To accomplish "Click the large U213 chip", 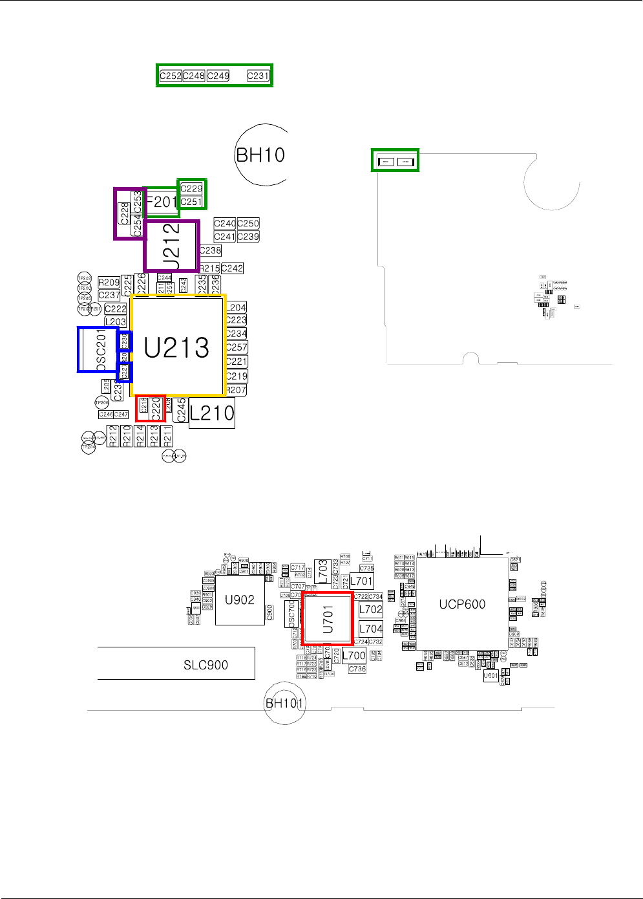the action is click(178, 347).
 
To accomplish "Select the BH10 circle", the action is click(260, 155).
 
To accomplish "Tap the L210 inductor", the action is click(212, 413).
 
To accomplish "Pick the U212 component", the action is click(171, 245).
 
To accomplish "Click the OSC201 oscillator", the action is click(98, 349).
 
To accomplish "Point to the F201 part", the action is click(162, 202).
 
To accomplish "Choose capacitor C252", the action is click(171, 76).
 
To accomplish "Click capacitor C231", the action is click(258, 76).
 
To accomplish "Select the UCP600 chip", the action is click(462, 604).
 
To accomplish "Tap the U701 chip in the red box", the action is click(328, 619).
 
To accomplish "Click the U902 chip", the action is click(239, 600).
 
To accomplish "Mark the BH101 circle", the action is click(284, 703).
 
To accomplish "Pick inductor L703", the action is click(322, 572).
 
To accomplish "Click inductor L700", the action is click(354, 655).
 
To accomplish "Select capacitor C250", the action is click(248, 223).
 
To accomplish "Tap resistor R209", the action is click(109, 282).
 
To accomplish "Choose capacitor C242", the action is click(232, 268).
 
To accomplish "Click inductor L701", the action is click(362, 581).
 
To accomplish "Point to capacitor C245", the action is click(182, 410).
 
